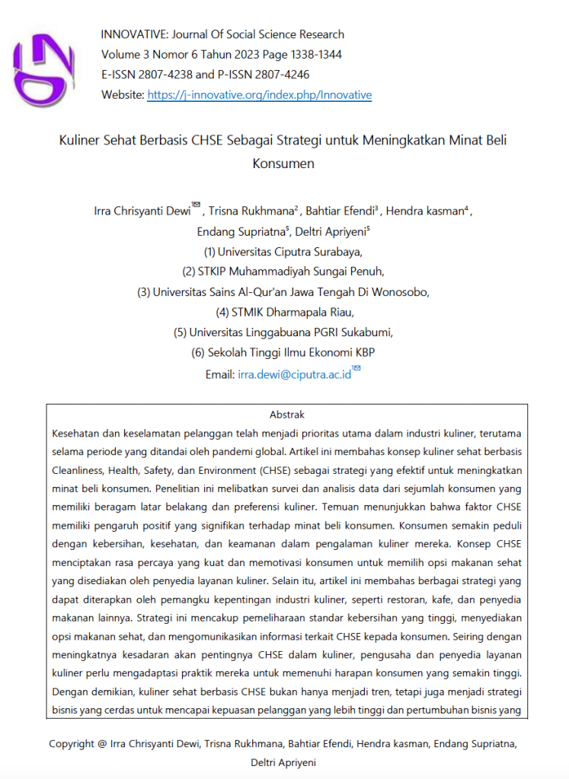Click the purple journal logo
click(47, 67)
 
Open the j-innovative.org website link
click(259, 95)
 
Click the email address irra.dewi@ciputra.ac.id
click(294, 374)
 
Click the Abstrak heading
click(287, 415)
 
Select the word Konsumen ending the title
click(283, 163)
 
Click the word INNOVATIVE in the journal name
click(131, 34)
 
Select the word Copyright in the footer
click(72, 744)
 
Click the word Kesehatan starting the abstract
click(77, 434)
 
